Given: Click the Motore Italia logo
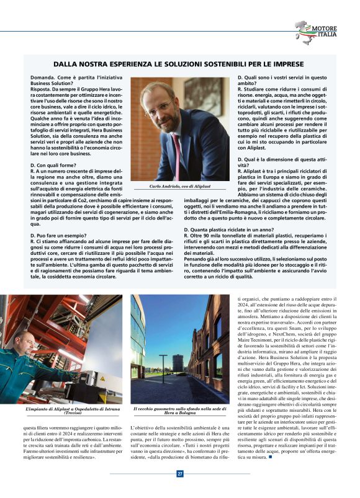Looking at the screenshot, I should (315, 32).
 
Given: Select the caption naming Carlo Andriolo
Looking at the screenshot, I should (181, 186).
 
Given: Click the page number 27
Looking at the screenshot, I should (180, 474).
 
